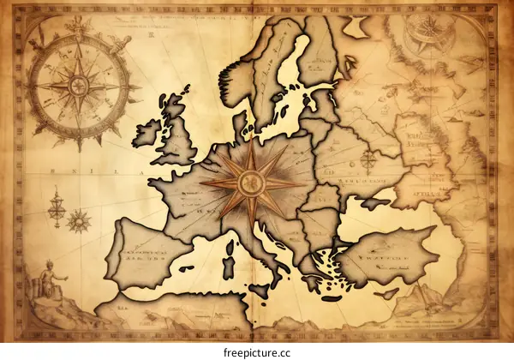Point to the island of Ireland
pos(148,132)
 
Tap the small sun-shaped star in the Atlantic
pos(79,221)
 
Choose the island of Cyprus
pos(389,294)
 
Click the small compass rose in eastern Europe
pos(369,159)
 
